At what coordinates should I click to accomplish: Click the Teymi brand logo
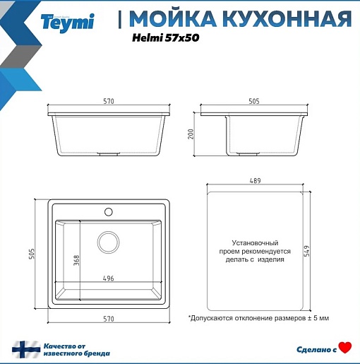point(67,23)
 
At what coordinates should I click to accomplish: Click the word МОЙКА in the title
point(173,18)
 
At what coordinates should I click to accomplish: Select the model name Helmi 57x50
point(166,37)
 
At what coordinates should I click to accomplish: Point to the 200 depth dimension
point(191,134)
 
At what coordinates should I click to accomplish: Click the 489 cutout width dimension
point(255,181)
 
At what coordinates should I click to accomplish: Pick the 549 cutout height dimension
point(307,251)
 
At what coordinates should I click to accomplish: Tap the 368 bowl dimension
point(76,260)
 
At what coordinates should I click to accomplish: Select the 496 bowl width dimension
point(109,278)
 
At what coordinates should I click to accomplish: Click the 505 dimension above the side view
point(254,101)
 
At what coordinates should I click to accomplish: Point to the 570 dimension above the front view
point(109,101)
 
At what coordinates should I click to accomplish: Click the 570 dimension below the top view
point(109,319)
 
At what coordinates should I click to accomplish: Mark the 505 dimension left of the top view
point(32,254)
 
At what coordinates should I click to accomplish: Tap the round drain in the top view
point(108,242)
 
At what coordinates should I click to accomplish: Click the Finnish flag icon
point(26,349)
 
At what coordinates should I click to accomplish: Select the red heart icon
point(345,348)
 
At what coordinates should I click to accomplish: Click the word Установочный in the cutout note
point(255,243)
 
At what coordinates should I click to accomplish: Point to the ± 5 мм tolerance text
point(318,318)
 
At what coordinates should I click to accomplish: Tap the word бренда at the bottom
point(97,353)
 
